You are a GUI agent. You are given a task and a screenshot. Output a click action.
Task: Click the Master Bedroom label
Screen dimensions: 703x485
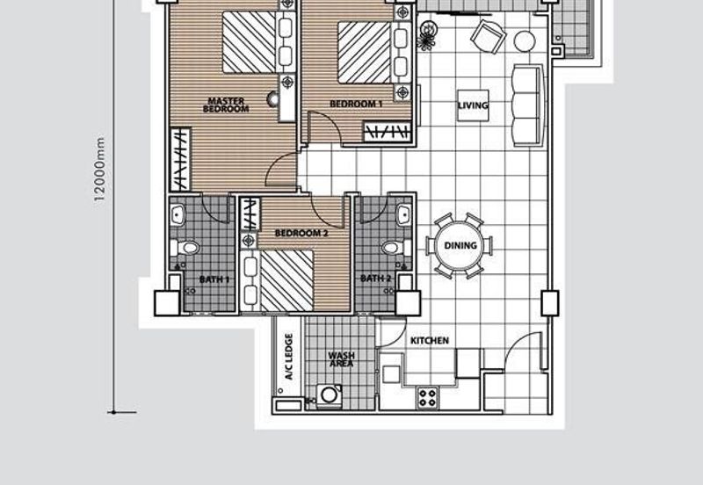[x=226, y=105]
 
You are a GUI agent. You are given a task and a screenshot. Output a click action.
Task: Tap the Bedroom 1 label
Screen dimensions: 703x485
[x=356, y=104]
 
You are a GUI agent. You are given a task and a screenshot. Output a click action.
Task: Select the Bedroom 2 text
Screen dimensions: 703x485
[x=301, y=233]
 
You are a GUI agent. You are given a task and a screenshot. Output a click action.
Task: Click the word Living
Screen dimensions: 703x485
[x=473, y=105]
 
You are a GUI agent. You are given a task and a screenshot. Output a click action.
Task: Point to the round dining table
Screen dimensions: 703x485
[x=460, y=246]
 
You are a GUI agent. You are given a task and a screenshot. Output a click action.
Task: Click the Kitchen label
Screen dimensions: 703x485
[x=430, y=341]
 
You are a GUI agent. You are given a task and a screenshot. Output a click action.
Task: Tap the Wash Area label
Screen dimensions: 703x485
[x=341, y=359]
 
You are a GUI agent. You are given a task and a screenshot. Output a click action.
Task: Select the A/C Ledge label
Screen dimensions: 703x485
[x=289, y=357]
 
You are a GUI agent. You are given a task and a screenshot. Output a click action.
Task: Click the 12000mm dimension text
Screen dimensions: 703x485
[x=99, y=170]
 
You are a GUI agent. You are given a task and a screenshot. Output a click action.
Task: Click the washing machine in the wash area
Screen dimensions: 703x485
[x=329, y=395]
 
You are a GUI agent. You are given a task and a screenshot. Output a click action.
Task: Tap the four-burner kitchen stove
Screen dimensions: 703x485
[x=428, y=398]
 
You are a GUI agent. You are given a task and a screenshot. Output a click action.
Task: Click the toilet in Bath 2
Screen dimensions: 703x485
[x=397, y=248]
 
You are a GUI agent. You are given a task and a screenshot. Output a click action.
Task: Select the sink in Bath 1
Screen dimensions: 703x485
[x=178, y=215]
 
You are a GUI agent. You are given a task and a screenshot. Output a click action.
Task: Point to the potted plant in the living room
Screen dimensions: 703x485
[x=426, y=36]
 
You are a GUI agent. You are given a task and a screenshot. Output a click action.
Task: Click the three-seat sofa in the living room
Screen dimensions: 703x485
[x=528, y=105]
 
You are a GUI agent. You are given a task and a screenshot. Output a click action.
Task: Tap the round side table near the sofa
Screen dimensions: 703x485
[x=524, y=41]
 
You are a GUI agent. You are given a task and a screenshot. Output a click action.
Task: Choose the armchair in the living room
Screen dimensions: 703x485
[x=488, y=36]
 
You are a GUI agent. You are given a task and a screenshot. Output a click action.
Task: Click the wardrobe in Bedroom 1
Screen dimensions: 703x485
[x=388, y=132]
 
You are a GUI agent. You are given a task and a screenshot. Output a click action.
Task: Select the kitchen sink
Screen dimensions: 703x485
[x=391, y=373]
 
